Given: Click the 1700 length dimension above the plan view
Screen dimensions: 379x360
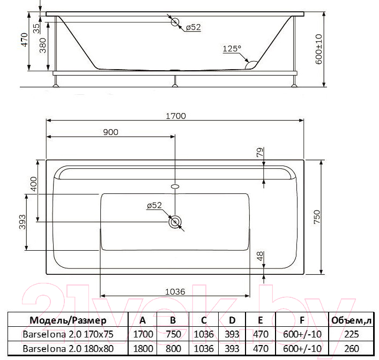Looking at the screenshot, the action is [x=176, y=116].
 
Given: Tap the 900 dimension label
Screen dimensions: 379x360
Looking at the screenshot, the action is [x=111, y=132].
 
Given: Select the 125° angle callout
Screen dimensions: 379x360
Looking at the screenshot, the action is [x=232, y=49].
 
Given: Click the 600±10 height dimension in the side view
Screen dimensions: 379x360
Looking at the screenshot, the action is [x=319, y=49].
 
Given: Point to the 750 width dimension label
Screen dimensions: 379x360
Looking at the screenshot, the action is [x=317, y=217].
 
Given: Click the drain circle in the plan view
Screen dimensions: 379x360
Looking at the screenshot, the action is [x=175, y=222].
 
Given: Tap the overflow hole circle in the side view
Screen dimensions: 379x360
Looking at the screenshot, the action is [x=175, y=22].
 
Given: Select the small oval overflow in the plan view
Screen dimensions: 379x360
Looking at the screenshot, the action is [x=175, y=186].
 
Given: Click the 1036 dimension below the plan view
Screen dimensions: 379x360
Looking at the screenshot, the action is [x=175, y=292].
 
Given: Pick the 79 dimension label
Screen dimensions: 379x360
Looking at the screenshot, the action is [x=259, y=153].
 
